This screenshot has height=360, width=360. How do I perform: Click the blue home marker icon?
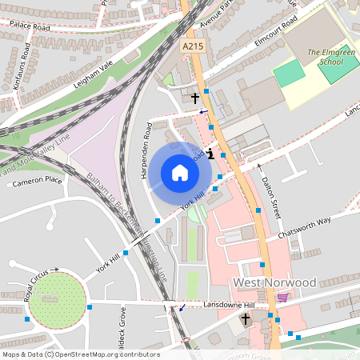coord(179,172)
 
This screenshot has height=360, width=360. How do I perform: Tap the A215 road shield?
coord(192,47)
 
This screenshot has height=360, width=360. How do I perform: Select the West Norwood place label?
coord(274,283)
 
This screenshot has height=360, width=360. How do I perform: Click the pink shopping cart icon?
coord(282,298)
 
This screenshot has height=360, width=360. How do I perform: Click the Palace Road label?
coord(29,26)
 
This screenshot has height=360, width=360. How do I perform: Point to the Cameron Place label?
coord(37,182)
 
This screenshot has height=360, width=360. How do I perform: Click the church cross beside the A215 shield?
coord(194,98)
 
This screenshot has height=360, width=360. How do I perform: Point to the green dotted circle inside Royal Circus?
coord(58,301)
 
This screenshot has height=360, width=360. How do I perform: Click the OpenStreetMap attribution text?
coord(80,354)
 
